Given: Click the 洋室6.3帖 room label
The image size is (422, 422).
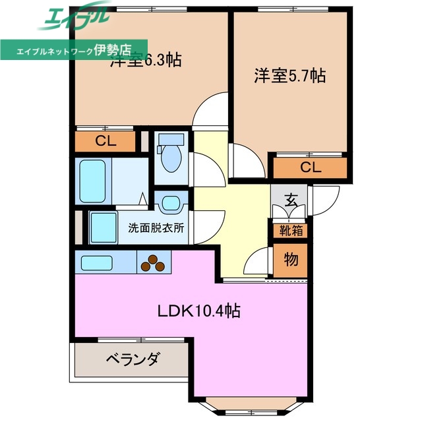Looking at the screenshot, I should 146,60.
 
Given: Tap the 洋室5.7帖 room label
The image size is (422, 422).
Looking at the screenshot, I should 290,76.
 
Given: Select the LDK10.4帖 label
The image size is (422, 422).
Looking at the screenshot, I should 198,311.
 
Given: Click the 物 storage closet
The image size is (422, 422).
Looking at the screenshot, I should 290,258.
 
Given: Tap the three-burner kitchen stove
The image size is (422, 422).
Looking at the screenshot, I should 154,262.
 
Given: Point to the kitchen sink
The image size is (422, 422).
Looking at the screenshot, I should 100,262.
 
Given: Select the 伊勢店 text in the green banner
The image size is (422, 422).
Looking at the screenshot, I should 113,49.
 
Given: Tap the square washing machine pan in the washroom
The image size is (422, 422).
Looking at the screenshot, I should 103,229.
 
